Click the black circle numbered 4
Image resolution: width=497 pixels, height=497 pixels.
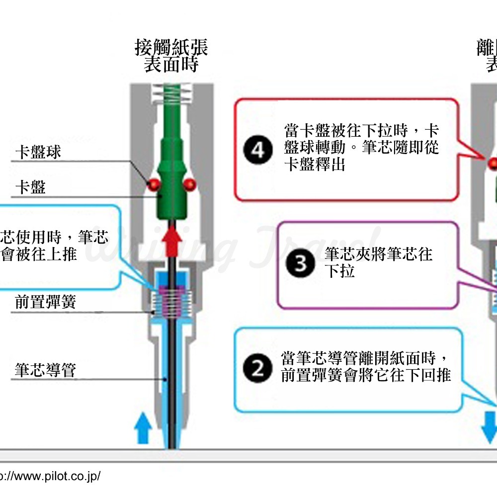(x=258, y=150)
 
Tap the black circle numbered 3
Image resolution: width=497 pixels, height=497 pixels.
(x=300, y=264)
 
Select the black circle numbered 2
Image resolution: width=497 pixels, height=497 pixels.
(x=257, y=369)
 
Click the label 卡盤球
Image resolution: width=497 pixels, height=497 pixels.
(x=38, y=152)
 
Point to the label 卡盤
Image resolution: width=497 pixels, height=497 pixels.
(x=30, y=187)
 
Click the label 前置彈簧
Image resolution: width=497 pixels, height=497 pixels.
(x=46, y=302)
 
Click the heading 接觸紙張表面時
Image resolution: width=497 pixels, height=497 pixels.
(x=171, y=56)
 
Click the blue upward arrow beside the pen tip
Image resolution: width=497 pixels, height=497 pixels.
(x=143, y=427)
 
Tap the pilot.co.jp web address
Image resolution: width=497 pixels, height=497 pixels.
(x=50, y=476)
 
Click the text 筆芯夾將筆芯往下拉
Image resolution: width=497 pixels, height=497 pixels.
(x=378, y=263)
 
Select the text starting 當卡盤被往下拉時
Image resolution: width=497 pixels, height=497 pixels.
(x=361, y=148)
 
